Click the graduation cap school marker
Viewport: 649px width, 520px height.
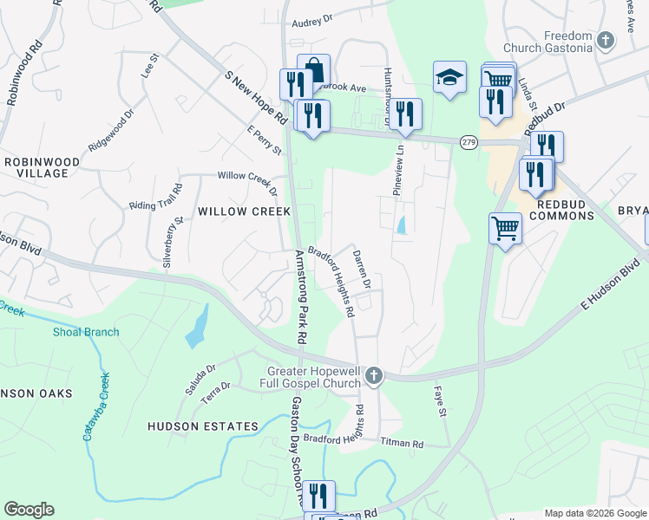(x=450, y=78)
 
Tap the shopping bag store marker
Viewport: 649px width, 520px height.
(x=313, y=71)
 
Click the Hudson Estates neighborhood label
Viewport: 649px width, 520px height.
(x=203, y=426)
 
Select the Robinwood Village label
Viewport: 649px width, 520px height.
(x=42, y=167)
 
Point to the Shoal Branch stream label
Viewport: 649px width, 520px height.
(x=86, y=332)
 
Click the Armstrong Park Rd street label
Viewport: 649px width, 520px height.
(x=306, y=298)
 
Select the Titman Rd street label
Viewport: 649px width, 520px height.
(x=405, y=444)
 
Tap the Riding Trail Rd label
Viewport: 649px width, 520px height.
(x=157, y=198)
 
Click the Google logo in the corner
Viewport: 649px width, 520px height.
(x=29, y=510)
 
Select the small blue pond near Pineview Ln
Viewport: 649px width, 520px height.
(x=401, y=225)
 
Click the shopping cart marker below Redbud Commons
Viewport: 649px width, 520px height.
(x=505, y=229)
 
